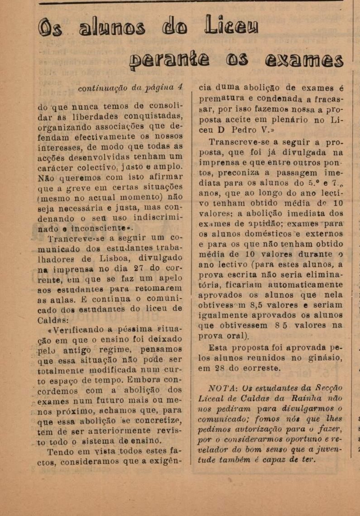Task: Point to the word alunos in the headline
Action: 112,28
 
